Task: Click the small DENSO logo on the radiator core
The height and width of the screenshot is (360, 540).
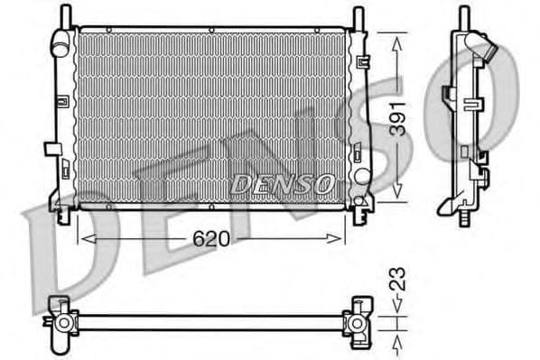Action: [282, 183]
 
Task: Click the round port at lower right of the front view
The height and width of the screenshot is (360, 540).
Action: [361, 176]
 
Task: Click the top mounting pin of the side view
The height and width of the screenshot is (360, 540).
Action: [463, 16]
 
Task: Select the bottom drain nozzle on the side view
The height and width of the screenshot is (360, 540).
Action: [463, 218]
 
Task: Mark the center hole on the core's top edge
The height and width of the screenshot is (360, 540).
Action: [211, 30]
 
